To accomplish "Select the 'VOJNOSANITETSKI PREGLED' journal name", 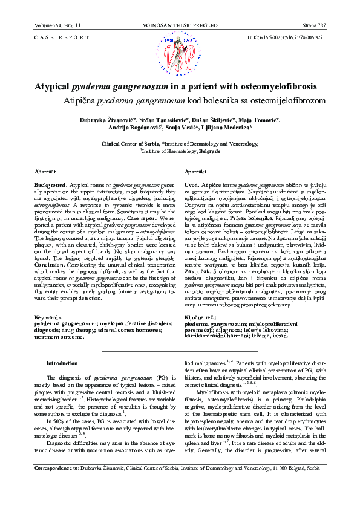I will pyautogui.click(x=180, y=25).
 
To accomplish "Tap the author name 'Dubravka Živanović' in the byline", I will pyautogui.click(x=105, y=121).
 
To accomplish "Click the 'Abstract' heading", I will pyautogui.click(x=45, y=172).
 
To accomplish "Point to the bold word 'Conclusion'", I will pyautogui.click(x=51, y=248).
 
